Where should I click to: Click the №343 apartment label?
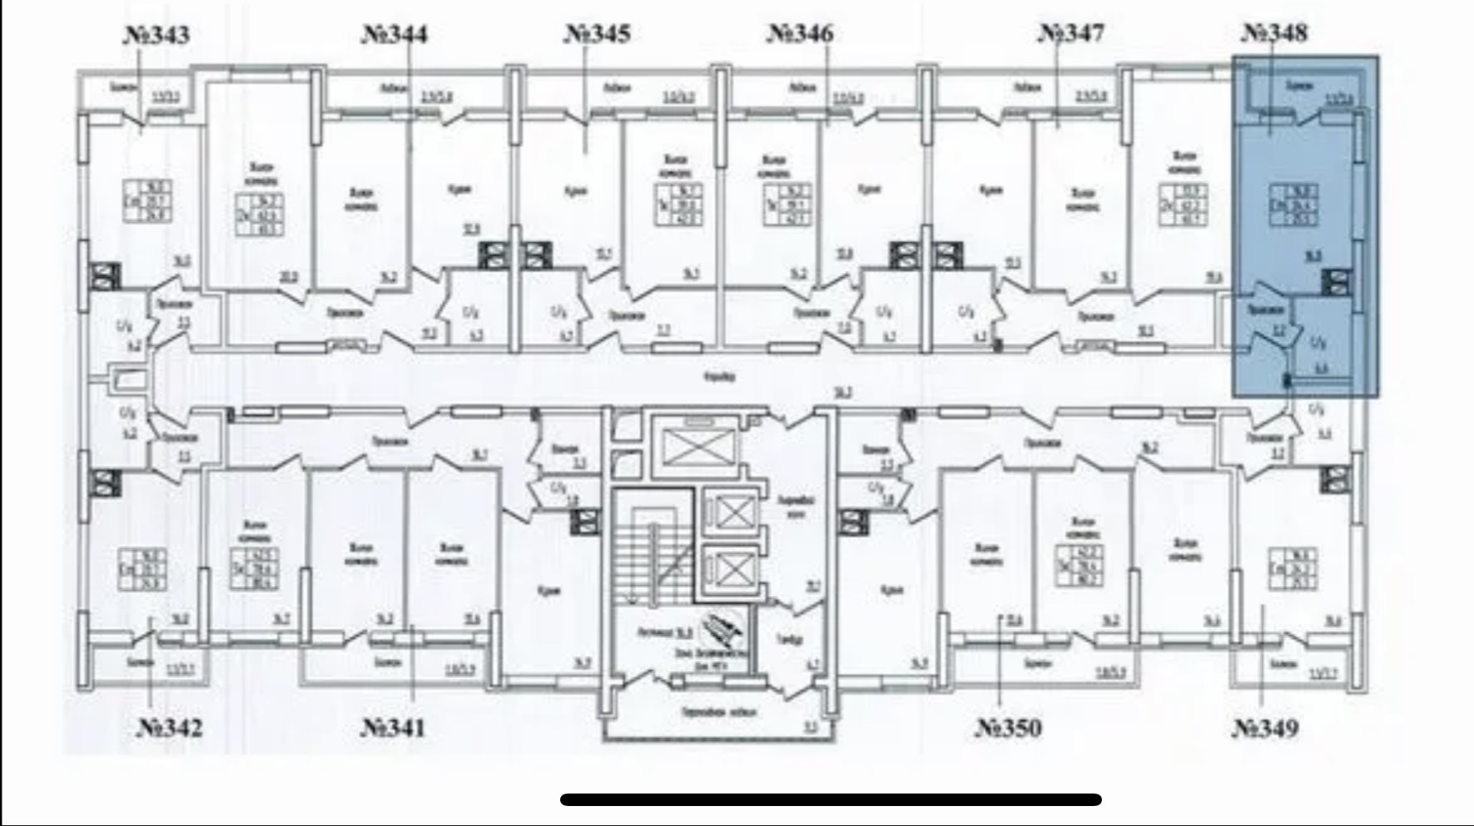coord(156,36)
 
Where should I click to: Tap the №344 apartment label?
coord(395,34)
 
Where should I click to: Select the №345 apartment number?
coord(598,34)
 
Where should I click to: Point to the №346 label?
coord(800,33)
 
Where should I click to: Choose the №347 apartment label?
coord(1071,33)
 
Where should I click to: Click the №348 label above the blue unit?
coord(1274,33)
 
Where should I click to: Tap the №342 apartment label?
coord(169,728)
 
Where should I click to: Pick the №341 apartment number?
coord(393,728)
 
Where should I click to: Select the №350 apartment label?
coord(1008,728)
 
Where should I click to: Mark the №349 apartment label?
coord(1264,729)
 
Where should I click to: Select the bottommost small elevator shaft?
coord(732,570)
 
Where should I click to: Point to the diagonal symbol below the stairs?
coord(722,628)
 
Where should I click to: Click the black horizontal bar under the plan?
coord(831,800)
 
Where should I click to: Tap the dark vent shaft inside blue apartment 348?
coord(1336,281)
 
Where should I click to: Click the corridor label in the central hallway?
coord(719,377)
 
